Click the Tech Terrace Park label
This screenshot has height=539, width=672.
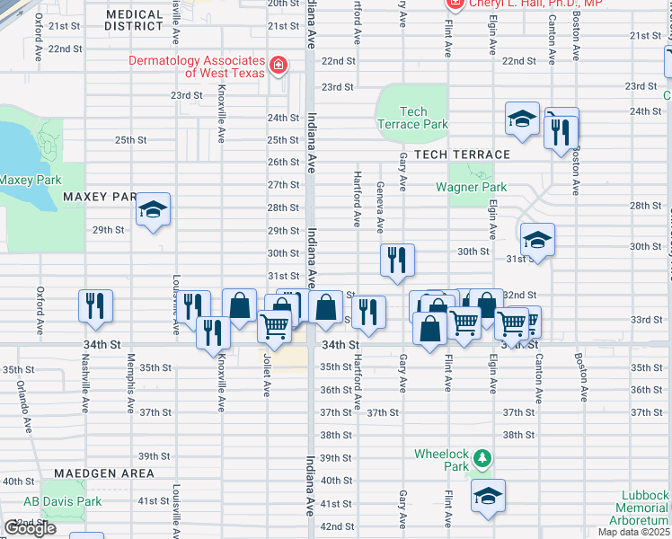click(x=413, y=118)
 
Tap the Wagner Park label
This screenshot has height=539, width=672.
click(x=472, y=188)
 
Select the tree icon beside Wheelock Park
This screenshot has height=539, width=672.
click(x=482, y=459)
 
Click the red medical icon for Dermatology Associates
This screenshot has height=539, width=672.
click(x=279, y=66)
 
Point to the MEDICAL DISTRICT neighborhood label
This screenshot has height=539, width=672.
click(x=134, y=21)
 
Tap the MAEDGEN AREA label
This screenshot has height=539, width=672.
click(x=103, y=473)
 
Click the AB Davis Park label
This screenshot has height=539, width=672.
click(x=50, y=501)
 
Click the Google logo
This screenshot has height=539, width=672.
click(x=31, y=528)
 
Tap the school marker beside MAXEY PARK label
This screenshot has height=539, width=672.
click(x=154, y=210)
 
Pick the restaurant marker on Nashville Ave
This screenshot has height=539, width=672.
click(x=94, y=305)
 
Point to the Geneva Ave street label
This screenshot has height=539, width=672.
click(x=380, y=206)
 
